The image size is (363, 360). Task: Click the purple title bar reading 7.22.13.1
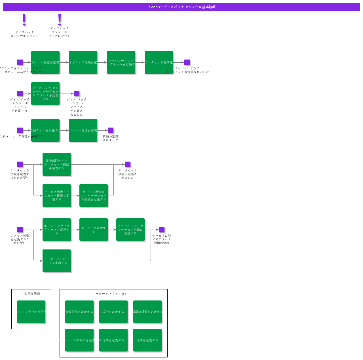181,7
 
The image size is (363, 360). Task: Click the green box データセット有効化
159,62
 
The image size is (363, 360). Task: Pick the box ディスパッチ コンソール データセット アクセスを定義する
45,94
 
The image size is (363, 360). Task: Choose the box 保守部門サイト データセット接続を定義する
57,164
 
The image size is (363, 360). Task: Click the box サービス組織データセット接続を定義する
57,196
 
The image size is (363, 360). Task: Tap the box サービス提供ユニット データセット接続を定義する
94,196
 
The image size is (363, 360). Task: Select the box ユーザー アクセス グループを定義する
57,230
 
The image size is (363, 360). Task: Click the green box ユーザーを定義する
94,230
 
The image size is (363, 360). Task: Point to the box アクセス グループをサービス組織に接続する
130,230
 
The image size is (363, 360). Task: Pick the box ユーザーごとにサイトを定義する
57,261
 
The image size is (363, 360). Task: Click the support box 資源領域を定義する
79,312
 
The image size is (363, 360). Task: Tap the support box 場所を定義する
113,312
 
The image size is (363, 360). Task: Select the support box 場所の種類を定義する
147,312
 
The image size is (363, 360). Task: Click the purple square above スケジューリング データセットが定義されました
187,62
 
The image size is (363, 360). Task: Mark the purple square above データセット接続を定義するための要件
20,164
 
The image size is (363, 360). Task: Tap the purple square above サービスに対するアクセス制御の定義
162,230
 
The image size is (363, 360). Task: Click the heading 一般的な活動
31,293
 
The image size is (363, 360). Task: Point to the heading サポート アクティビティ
113,294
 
